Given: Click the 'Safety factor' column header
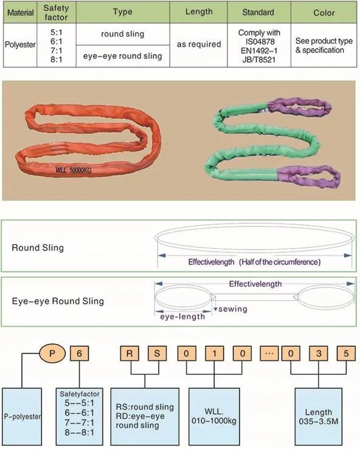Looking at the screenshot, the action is pos(56,13).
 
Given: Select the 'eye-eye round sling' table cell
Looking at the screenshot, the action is pos(123,56).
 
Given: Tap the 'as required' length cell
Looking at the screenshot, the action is pos(199,44).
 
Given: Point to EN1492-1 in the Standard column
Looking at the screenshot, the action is pos(259,50).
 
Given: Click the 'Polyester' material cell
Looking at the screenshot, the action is pos(20,45).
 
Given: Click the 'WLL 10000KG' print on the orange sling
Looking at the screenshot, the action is pos(74,170).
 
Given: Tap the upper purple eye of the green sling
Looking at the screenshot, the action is pos(300,107).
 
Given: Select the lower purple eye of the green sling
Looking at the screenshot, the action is pos(309,176).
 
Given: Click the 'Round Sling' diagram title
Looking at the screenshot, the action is pos(38,248).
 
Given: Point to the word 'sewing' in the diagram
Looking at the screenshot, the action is pos(233,309).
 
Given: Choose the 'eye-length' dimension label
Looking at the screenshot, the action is pos(182,317).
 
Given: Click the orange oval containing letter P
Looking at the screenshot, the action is pos(52,353).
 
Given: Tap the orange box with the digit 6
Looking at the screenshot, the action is pos(80,354).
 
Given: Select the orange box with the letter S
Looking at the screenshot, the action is pos(157,354).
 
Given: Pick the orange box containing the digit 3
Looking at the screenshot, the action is pos(319,354).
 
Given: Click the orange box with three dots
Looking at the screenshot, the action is pos(269,354).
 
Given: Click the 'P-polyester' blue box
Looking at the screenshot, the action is pos(22,417).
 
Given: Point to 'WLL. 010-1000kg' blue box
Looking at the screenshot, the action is pos(214,417).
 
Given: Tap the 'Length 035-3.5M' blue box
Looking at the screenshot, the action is pos(319,417).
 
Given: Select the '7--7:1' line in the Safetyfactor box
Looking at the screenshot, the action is pos(80,422).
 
